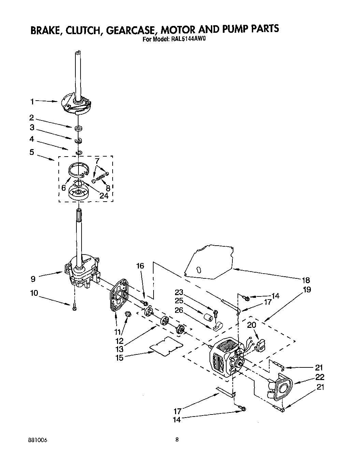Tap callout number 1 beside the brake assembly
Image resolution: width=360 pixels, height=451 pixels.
(32, 101)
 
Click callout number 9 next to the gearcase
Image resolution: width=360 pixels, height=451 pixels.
(33, 279)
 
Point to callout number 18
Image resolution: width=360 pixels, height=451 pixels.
(306, 280)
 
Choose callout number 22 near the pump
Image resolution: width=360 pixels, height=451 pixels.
(320, 377)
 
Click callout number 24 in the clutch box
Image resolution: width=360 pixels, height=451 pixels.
(103, 195)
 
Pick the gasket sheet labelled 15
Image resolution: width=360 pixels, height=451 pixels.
(167, 346)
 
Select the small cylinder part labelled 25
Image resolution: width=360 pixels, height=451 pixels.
(208, 318)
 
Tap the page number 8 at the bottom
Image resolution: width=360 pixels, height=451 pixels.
(177, 440)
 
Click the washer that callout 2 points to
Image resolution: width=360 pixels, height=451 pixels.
(78, 129)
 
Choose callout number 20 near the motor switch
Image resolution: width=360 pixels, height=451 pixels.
(251, 325)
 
